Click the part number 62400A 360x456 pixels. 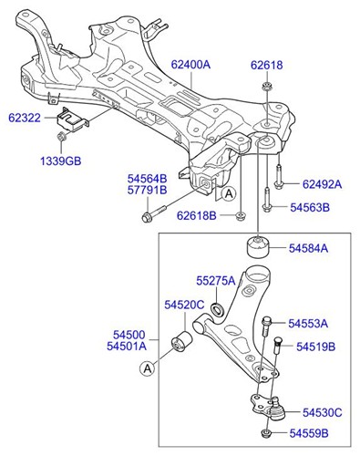[x=190, y=65]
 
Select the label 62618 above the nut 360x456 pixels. [x=267, y=65]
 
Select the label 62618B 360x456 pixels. [x=196, y=216]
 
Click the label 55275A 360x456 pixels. [x=215, y=280]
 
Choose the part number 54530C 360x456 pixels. [x=323, y=413]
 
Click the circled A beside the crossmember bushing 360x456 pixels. [x=228, y=193]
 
